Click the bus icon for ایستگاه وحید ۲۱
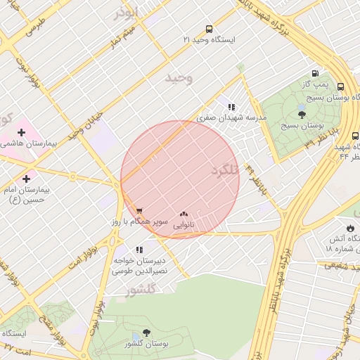coord(209,29)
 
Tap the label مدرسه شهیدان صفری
coord(231,119)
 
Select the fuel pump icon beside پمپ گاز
coord(314,74)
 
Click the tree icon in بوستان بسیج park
coord(302,113)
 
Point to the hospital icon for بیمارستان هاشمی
coord(22,131)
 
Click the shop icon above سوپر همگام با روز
coord(139,210)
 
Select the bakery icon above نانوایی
coord(184,214)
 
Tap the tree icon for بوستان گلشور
coord(146,333)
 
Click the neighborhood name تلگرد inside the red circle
coord(224,171)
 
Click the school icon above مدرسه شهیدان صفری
coord(231,107)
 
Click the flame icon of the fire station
coord(351,228)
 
